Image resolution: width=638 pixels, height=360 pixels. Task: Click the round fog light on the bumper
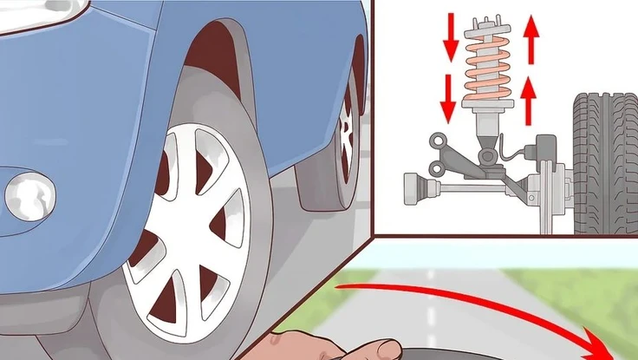(30, 196)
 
